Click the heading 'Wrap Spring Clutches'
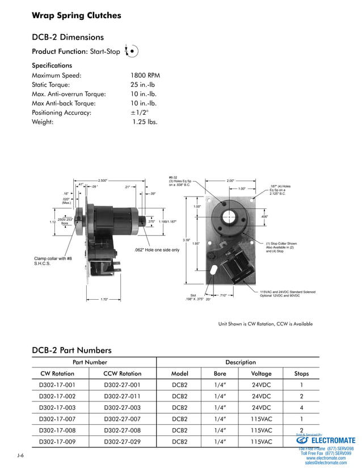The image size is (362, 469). click(x=76, y=16)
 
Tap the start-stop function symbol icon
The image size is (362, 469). click(x=131, y=51)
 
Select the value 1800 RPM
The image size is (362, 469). click(x=145, y=75)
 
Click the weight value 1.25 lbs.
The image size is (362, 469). click(x=145, y=122)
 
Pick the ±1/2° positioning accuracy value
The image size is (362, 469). click(x=139, y=112)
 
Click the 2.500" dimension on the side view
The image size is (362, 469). click(x=102, y=181)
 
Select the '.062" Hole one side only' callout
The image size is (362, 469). click(x=157, y=250)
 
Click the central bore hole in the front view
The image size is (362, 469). click(x=230, y=217)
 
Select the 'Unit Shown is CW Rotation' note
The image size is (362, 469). click(x=265, y=324)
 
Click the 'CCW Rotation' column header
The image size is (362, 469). click(x=122, y=374)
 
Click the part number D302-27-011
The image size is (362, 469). click(x=122, y=396)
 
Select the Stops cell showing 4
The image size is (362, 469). click(x=301, y=407)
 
